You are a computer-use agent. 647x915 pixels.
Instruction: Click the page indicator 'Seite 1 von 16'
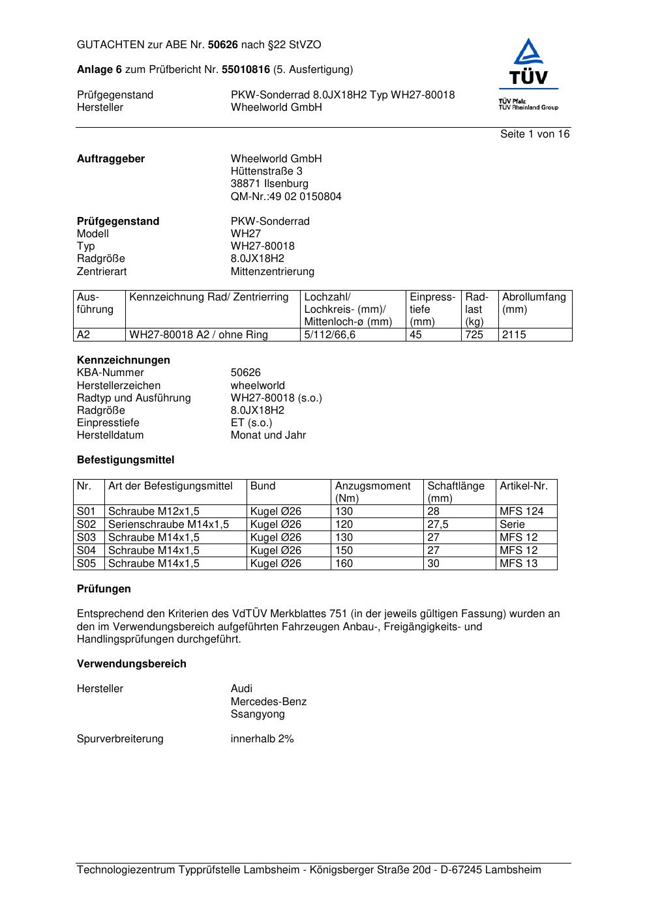pos(535,134)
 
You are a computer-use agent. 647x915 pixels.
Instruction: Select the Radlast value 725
pos(474,335)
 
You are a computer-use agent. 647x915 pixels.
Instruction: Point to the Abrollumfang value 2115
pos(514,335)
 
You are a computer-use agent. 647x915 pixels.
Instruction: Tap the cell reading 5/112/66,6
pos(330,335)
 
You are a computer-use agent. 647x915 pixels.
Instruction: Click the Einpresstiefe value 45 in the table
pos(415,335)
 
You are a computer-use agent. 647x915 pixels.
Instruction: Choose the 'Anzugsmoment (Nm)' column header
pos(373,492)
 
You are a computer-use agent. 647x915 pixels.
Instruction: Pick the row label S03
pos(87,538)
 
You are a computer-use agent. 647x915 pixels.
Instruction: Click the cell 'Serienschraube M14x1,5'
pos(168,525)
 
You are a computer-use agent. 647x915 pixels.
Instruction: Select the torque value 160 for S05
pos(344,564)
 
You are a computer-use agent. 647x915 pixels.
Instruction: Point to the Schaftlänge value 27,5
pos(438,525)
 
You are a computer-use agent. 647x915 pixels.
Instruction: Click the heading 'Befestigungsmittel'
pos(126,460)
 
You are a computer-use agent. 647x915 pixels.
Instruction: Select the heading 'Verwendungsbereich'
pos(132,664)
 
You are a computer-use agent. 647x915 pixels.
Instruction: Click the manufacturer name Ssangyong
pos(258,714)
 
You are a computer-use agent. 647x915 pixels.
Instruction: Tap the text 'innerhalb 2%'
pos(262,739)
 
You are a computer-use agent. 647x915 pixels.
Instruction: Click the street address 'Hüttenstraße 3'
pos(267,171)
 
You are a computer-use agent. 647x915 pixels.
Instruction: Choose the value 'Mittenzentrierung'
pos(273,272)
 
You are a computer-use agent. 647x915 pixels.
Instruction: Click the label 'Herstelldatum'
pos(110,435)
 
